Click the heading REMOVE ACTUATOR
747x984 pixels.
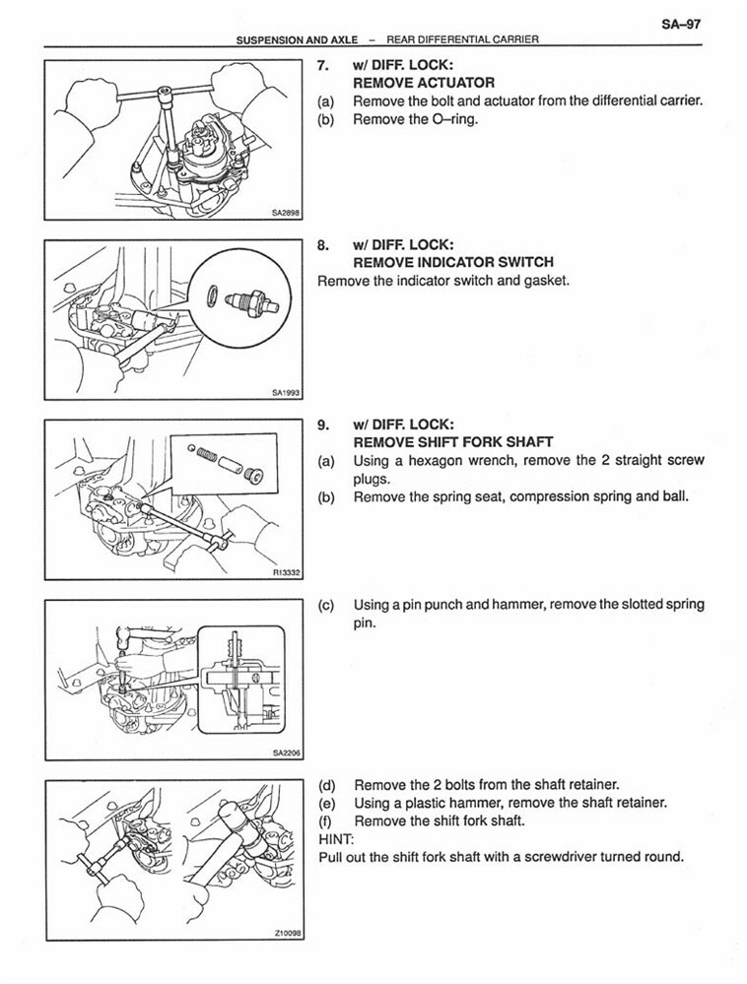424,84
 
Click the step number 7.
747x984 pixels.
323,66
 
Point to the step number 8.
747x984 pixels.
323,244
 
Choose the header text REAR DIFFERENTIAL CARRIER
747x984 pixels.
463,40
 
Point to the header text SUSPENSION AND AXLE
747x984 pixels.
297,40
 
